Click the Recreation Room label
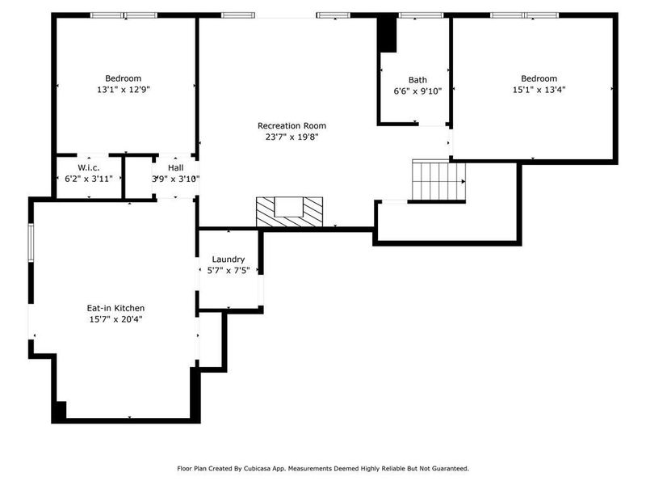click(x=292, y=125)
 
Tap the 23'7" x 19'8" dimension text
click(x=292, y=137)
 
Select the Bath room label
click(x=417, y=79)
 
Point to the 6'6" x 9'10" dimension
click(x=417, y=91)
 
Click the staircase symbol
click(x=438, y=180)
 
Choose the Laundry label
click(x=228, y=259)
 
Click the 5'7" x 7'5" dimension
click(x=228, y=270)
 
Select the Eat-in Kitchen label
click(x=115, y=307)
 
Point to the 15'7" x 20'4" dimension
click(x=115, y=319)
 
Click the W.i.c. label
click(x=88, y=167)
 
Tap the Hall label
click(x=175, y=167)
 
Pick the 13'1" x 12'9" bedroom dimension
click(x=123, y=90)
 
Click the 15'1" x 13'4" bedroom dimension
click(x=539, y=90)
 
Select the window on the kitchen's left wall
click(x=31, y=240)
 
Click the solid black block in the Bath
click(x=388, y=34)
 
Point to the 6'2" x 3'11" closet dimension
click(x=88, y=179)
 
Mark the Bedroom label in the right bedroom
click(x=539, y=78)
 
